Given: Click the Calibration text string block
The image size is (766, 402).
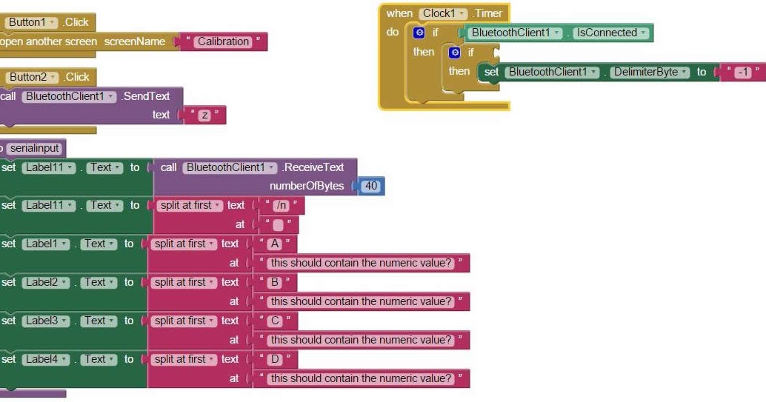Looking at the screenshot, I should pyautogui.click(x=223, y=41).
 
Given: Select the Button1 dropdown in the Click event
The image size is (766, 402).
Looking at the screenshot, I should pyautogui.click(x=30, y=22).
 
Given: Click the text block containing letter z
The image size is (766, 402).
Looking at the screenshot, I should pyautogui.click(x=204, y=115).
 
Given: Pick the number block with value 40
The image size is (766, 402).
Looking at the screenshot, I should pyautogui.click(x=370, y=186).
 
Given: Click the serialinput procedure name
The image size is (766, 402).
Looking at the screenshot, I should pyautogui.click(x=34, y=148).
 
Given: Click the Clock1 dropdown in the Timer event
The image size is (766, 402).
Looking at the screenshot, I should pyautogui.click(x=443, y=13).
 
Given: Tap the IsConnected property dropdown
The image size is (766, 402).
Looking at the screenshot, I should pyautogui.click(x=611, y=33).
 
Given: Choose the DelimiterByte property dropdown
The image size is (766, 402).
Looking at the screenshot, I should pyautogui.click(x=650, y=72).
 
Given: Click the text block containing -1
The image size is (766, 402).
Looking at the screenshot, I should pyautogui.click(x=738, y=72).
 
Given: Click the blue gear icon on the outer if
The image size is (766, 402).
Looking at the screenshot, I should pyautogui.click(x=419, y=33).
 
